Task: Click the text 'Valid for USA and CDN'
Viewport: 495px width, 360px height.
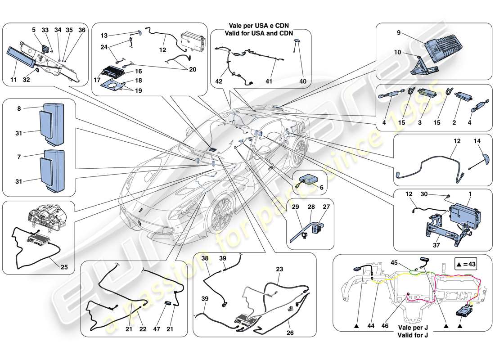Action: coord(260,33)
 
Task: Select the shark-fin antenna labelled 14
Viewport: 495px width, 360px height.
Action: coord(472,159)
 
